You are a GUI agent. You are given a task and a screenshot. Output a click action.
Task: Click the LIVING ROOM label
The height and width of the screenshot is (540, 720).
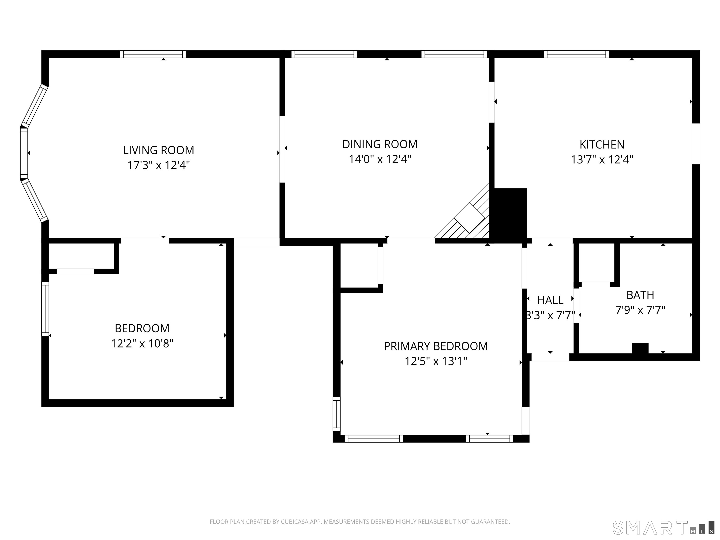(x=158, y=150)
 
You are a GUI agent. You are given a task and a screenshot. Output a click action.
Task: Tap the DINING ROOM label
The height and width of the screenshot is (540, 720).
(x=380, y=144)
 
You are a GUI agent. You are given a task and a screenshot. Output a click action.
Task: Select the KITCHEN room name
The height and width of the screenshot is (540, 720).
(x=602, y=145)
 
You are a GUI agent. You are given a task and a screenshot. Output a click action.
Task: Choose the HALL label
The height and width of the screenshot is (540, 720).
(x=550, y=300)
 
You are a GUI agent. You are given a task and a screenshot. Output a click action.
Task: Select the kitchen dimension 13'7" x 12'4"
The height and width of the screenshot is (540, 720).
(x=602, y=160)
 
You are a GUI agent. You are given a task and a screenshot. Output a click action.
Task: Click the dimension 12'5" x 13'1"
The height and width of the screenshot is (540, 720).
(x=436, y=361)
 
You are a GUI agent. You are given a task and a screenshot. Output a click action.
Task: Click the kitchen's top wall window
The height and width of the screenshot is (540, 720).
(x=576, y=54)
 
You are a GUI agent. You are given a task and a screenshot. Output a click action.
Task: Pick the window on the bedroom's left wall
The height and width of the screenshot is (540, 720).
(x=45, y=309)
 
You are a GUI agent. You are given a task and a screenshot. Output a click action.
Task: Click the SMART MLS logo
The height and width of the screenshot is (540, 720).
(x=663, y=528)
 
